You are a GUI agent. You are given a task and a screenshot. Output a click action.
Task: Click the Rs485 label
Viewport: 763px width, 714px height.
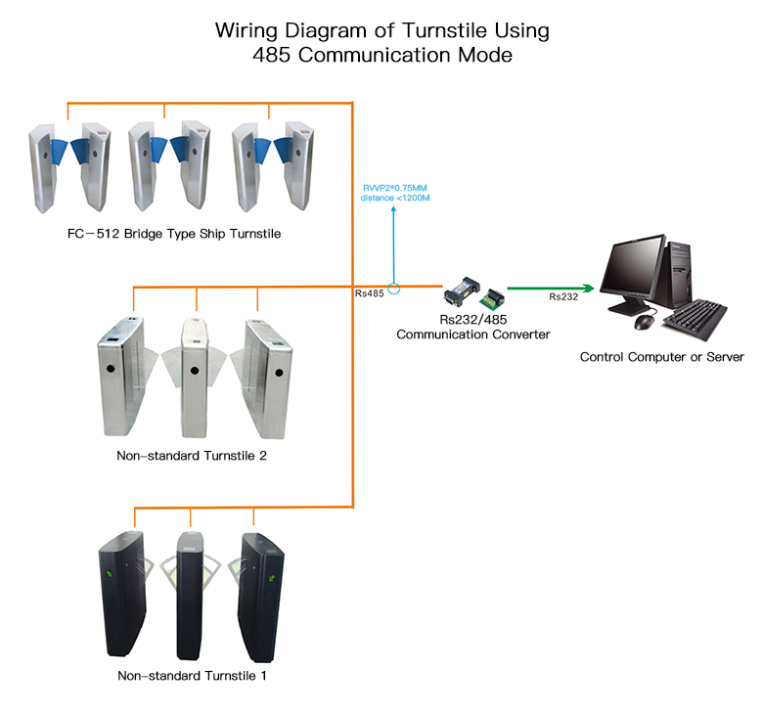(369, 293)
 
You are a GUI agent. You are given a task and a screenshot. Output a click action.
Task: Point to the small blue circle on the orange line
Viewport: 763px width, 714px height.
(393, 288)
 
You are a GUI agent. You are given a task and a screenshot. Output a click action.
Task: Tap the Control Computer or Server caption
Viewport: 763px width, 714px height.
(661, 357)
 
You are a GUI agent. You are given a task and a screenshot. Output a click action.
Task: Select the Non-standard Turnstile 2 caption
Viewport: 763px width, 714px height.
(192, 455)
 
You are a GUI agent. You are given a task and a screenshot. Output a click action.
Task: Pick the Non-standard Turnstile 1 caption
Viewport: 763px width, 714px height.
(192, 676)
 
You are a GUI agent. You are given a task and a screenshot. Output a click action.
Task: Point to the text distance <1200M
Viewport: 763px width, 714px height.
(397, 199)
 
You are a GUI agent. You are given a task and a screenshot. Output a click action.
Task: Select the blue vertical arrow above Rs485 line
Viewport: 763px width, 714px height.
(393, 245)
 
